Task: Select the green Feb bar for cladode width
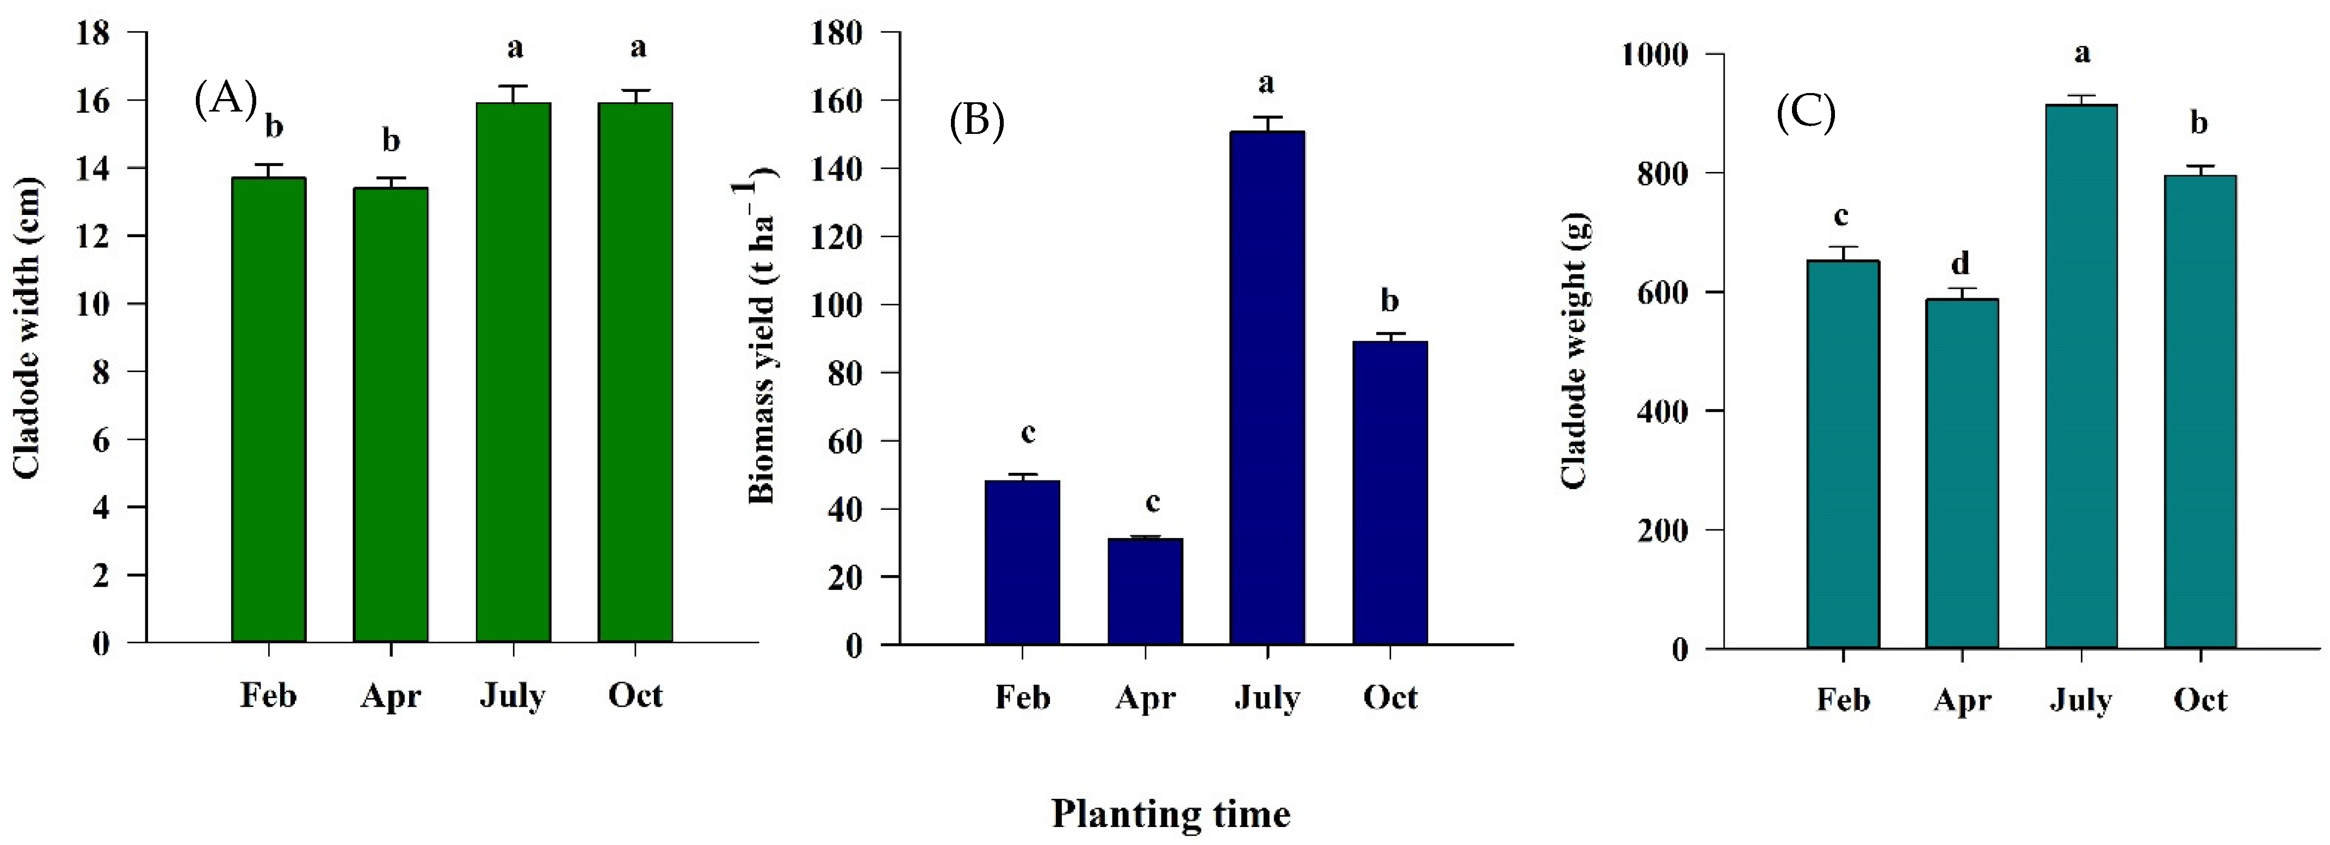(269, 409)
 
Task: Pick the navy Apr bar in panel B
(1145, 591)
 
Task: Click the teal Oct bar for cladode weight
(2200, 412)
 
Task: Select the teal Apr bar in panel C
(1961, 473)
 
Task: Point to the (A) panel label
(225, 98)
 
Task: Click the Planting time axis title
(1170, 813)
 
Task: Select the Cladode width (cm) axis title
(27, 328)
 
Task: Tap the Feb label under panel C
(1843, 699)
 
